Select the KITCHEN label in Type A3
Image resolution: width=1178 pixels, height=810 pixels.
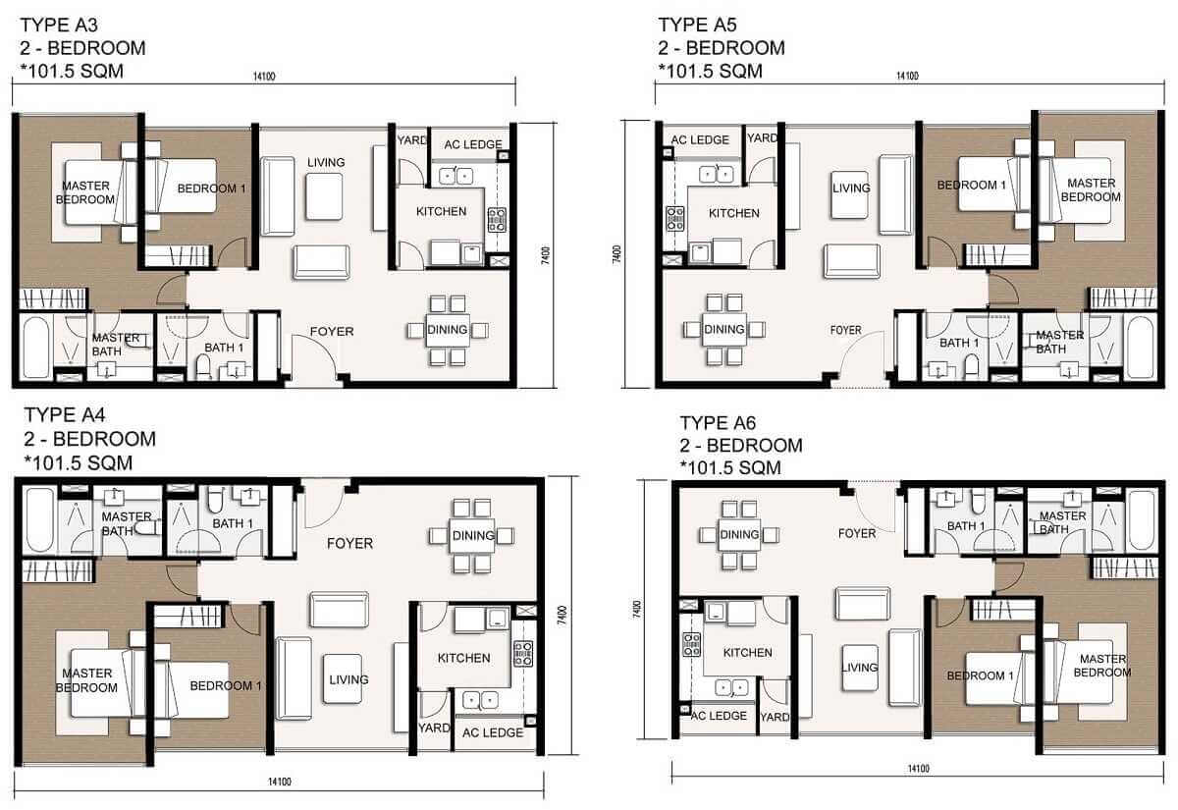[x=441, y=212]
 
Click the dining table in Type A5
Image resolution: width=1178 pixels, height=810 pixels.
[x=724, y=329]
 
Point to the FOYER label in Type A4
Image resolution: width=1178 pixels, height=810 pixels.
[x=349, y=543]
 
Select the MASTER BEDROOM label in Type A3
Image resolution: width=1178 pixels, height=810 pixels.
[x=85, y=192]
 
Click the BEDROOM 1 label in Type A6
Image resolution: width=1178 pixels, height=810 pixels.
[x=981, y=675]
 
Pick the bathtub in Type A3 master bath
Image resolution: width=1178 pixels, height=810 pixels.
[x=34, y=347]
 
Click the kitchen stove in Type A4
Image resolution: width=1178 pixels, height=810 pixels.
[x=523, y=654]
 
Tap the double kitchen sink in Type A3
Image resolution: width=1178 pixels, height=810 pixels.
[x=454, y=176]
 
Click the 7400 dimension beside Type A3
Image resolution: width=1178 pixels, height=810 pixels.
[x=545, y=252]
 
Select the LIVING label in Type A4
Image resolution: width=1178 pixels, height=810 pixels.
[x=348, y=679]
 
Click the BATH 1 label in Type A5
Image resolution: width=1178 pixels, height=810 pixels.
[x=959, y=343]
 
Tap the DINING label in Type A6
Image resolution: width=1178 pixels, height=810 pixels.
[x=738, y=534]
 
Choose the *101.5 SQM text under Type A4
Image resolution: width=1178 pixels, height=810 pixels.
[x=78, y=462]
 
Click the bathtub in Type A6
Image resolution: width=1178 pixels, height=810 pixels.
[x=1141, y=520]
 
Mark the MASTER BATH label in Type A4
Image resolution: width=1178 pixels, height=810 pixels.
[x=128, y=522]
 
